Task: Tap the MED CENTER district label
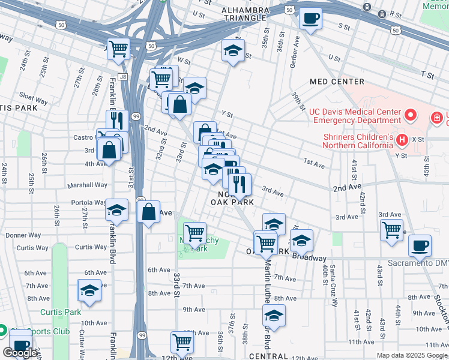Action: [337, 81]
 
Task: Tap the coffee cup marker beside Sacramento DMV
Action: [420, 245]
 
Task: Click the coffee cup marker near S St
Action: [310, 18]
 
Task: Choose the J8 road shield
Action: [123, 77]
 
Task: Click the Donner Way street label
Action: [23, 235]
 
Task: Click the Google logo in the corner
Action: [20, 353]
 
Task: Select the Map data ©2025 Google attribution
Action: [411, 355]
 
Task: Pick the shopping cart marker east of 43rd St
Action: [391, 230]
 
